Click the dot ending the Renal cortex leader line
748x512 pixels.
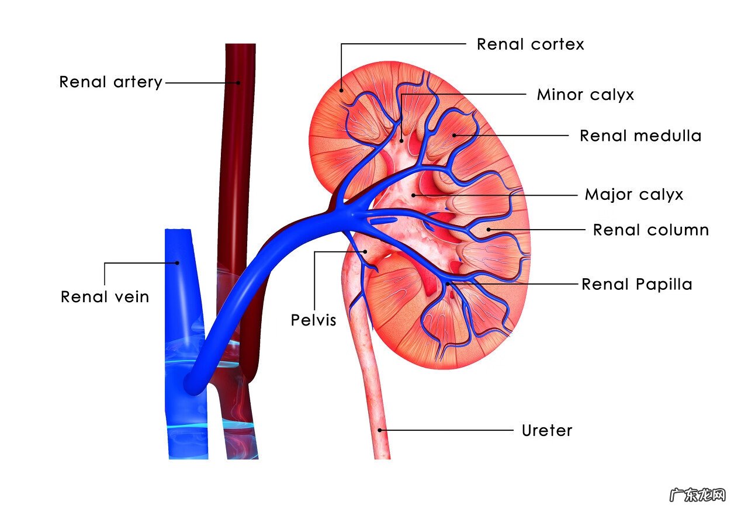pos(341,90)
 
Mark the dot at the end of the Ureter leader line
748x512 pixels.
pos(380,430)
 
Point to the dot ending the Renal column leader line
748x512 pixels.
pos(489,230)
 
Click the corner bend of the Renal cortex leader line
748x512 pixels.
pos(341,44)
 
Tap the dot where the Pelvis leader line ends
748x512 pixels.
pos(365,251)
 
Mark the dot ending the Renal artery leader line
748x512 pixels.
pos(238,83)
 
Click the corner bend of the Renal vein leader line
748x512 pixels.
pos(105,263)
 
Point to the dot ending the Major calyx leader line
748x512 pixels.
pos(413,195)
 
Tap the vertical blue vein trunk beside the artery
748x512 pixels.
pos(185,344)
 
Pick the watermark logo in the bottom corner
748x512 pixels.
pos(698,494)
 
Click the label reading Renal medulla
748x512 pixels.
pos(640,136)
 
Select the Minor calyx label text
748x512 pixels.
pos(586,95)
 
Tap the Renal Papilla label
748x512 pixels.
pos(637,284)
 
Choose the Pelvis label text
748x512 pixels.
pos(313,320)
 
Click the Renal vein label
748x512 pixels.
pos(105,296)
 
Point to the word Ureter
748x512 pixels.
pos(547,431)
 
